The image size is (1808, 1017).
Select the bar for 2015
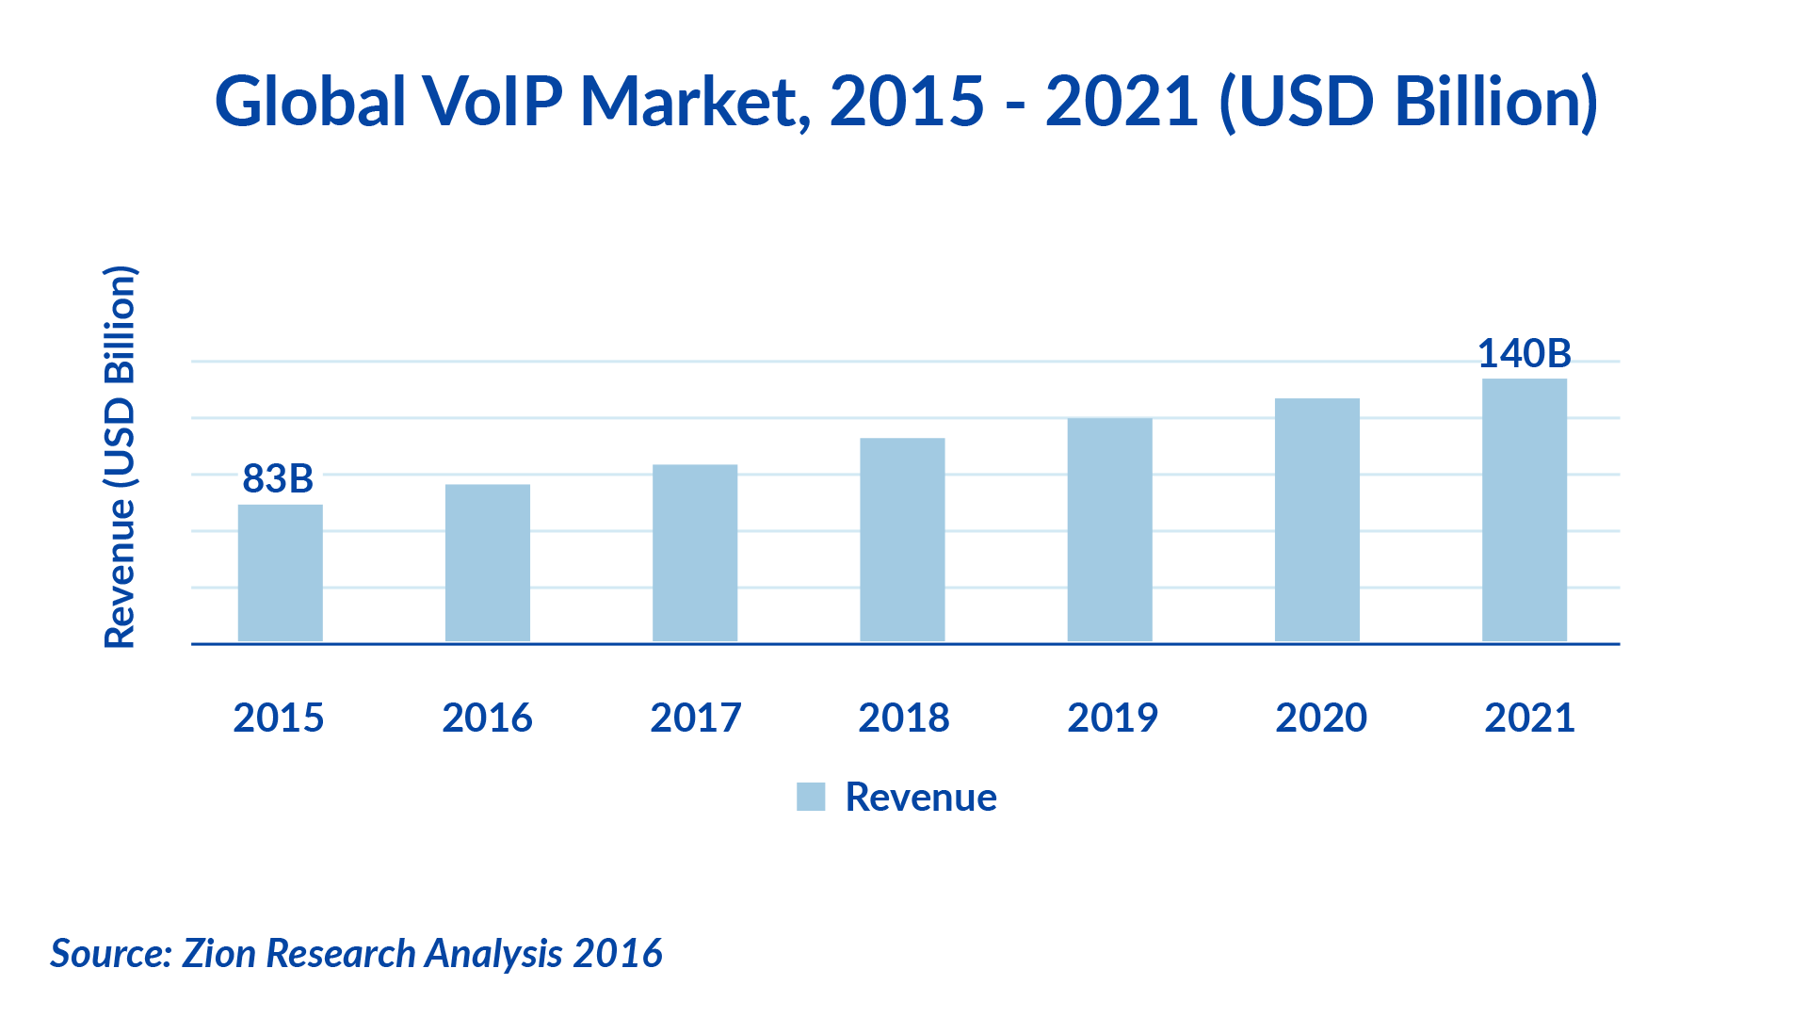click(280, 573)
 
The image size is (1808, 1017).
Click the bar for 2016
click(487, 563)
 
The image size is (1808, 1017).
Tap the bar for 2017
click(695, 554)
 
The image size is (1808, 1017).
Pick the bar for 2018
click(902, 541)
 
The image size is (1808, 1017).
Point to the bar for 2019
click(1109, 530)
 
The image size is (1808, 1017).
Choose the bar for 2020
click(1316, 521)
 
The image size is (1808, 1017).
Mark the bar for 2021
click(1524, 510)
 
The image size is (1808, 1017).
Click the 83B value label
click(278, 478)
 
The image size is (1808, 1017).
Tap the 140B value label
click(1524, 354)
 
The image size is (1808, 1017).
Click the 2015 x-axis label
click(279, 718)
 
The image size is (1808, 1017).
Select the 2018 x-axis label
click(903, 718)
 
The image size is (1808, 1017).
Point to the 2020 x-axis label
click(1321, 718)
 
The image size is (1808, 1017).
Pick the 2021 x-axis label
click(1529, 718)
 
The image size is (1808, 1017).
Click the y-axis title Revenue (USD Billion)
click(121, 458)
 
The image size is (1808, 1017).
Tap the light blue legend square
click(811, 797)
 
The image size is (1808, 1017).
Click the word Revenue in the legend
click(920, 797)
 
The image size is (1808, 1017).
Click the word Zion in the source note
click(218, 953)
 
